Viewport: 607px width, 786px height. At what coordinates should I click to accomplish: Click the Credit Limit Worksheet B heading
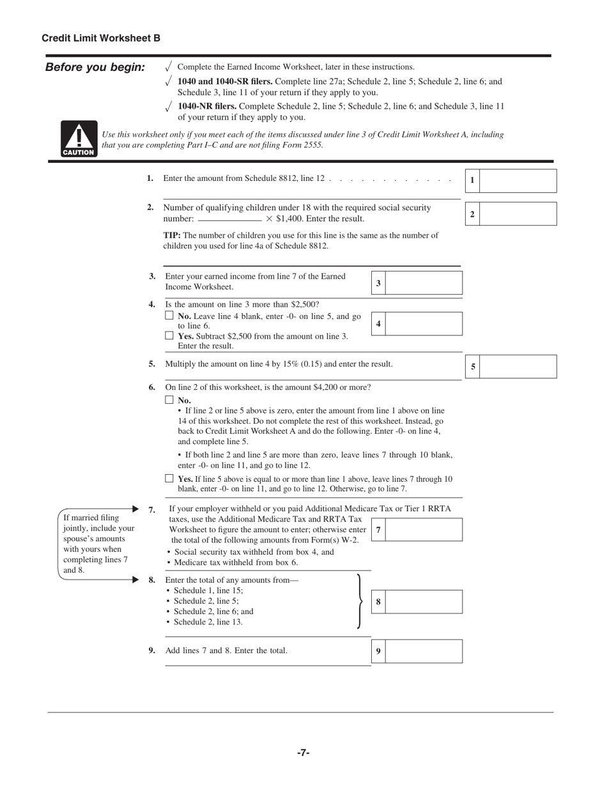point(101,38)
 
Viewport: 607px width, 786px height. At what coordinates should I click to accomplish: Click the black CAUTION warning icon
point(79,139)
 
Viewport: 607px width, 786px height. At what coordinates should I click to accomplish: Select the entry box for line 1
point(518,181)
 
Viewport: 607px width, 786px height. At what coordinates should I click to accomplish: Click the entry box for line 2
point(518,214)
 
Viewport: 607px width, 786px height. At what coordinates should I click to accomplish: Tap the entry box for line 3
point(424,283)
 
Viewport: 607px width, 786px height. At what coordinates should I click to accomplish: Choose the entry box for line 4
point(424,324)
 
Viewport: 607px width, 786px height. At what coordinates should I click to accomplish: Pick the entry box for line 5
point(518,367)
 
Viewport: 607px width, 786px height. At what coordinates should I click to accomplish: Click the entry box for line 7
point(424,530)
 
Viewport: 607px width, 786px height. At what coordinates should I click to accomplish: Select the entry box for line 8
point(424,602)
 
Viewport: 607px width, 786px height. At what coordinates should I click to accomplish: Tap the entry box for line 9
point(424,651)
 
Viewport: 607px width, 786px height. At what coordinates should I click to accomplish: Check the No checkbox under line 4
point(169,316)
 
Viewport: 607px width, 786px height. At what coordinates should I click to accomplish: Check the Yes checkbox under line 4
point(169,335)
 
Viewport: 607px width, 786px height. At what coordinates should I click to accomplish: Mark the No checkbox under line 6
point(169,400)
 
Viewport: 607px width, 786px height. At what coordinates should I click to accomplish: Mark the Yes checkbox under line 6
point(169,478)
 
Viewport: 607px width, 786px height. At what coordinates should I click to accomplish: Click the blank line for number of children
point(229,219)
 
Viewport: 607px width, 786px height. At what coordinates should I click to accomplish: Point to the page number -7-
point(303,753)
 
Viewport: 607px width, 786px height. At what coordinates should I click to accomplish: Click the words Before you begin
point(95,68)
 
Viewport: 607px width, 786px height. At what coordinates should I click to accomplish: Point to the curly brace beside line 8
point(360,601)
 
